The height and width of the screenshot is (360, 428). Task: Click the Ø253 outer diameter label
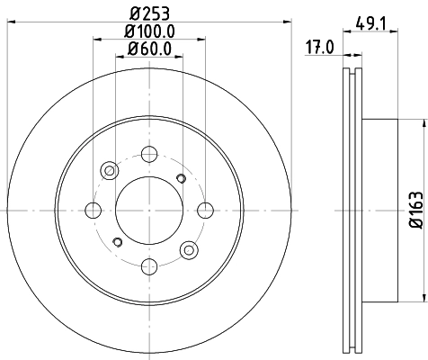point(149,12)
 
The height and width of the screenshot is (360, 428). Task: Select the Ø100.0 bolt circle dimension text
point(149,33)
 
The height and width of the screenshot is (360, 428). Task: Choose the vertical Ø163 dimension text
point(415,210)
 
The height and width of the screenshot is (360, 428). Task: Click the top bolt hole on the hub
point(149,153)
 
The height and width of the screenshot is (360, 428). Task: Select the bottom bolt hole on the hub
point(149,266)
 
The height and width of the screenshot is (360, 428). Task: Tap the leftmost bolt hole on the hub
point(93,210)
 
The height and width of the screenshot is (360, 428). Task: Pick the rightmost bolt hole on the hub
point(206,210)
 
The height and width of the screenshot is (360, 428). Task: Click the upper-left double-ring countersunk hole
point(111,169)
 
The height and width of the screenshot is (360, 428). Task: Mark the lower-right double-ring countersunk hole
point(189,250)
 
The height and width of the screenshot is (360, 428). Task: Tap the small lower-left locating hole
point(118,242)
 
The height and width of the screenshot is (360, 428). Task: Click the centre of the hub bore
point(149,210)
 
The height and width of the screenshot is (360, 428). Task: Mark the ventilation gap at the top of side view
point(352,72)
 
